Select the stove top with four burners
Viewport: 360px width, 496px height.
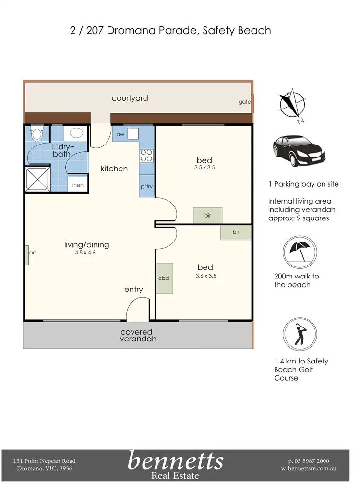146,155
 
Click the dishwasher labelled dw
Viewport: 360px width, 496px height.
120,134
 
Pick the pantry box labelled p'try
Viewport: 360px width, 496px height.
147,186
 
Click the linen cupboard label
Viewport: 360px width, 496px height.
77,185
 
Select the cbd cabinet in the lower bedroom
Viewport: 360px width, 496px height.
164,278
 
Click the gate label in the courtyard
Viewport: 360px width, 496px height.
245,102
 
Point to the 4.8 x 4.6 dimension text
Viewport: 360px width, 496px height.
86,252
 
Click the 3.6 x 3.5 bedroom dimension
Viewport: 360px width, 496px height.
207,276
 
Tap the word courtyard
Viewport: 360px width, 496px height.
130,98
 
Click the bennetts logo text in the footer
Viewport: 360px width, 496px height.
176,461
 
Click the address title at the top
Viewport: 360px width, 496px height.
170,31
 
